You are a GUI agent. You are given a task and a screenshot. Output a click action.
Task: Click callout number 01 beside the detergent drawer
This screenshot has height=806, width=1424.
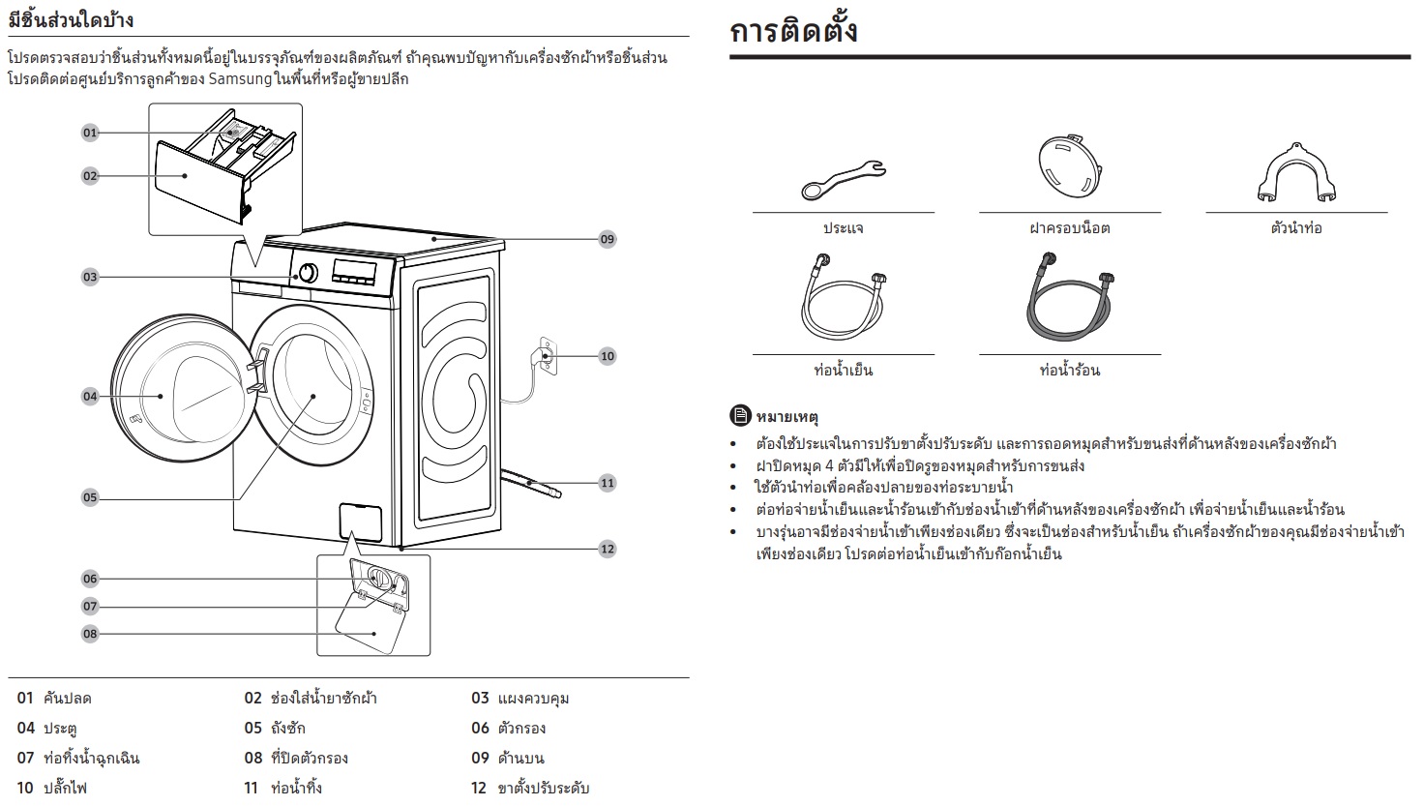point(90,133)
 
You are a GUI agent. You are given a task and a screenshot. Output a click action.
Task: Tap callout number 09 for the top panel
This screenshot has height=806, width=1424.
point(608,239)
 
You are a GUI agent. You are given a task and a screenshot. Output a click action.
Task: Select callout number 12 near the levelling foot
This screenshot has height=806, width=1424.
point(608,549)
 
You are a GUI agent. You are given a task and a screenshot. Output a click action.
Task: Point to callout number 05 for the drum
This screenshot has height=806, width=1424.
point(90,497)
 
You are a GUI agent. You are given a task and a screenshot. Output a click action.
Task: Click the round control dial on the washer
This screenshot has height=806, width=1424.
point(308,273)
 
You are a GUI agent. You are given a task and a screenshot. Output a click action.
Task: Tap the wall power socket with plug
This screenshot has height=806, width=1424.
point(548,357)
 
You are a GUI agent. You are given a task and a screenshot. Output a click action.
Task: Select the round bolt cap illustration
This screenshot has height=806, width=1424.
point(1070,165)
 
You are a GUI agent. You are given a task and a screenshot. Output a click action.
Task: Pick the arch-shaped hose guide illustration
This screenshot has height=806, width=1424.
point(1296,173)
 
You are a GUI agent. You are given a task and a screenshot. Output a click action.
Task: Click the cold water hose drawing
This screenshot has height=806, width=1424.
point(843,297)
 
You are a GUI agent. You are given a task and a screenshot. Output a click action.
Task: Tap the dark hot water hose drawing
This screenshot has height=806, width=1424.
point(1070,297)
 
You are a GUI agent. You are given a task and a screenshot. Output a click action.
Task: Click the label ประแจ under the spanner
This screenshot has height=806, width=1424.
point(843,228)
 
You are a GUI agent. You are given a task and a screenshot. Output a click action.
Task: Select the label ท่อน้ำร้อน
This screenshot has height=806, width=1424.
point(1070,370)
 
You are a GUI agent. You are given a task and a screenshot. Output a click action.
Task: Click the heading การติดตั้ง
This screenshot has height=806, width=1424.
point(793,31)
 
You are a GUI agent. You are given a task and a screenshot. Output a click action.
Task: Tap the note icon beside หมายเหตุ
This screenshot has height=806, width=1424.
point(740,416)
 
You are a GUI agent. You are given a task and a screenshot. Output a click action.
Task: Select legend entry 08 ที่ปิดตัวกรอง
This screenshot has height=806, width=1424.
point(296,758)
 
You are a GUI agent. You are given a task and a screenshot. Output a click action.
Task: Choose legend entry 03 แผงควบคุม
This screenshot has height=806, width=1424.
point(520,699)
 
